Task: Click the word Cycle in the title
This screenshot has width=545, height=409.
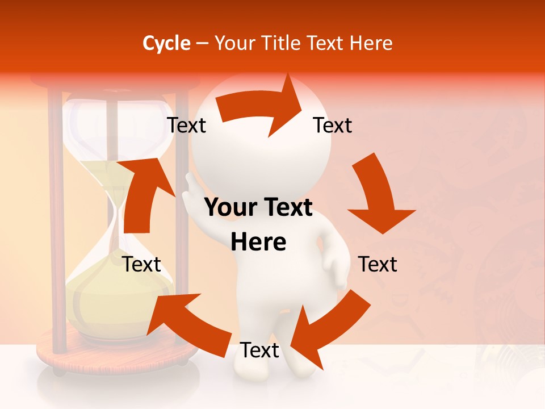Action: [x=166, y=43]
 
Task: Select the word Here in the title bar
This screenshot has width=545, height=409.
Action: [x=372, y=43]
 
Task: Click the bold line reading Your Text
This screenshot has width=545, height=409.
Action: [x=258, y=208]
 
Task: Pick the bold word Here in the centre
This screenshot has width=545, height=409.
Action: [x=258, y=242]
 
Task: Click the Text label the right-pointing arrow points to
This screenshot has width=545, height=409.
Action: [x=333, y=126]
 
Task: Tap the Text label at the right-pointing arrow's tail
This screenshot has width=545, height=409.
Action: [x=186, y=126]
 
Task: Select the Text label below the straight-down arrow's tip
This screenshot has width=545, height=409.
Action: [x=378, y=264]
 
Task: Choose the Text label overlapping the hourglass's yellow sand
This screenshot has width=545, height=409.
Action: [x=141, y=264]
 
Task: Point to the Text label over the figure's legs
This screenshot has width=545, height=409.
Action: [x=259, y=350]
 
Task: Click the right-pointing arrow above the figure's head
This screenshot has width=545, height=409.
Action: [x=261, y=106]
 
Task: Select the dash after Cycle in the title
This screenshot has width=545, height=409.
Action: [x=202, y=44]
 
